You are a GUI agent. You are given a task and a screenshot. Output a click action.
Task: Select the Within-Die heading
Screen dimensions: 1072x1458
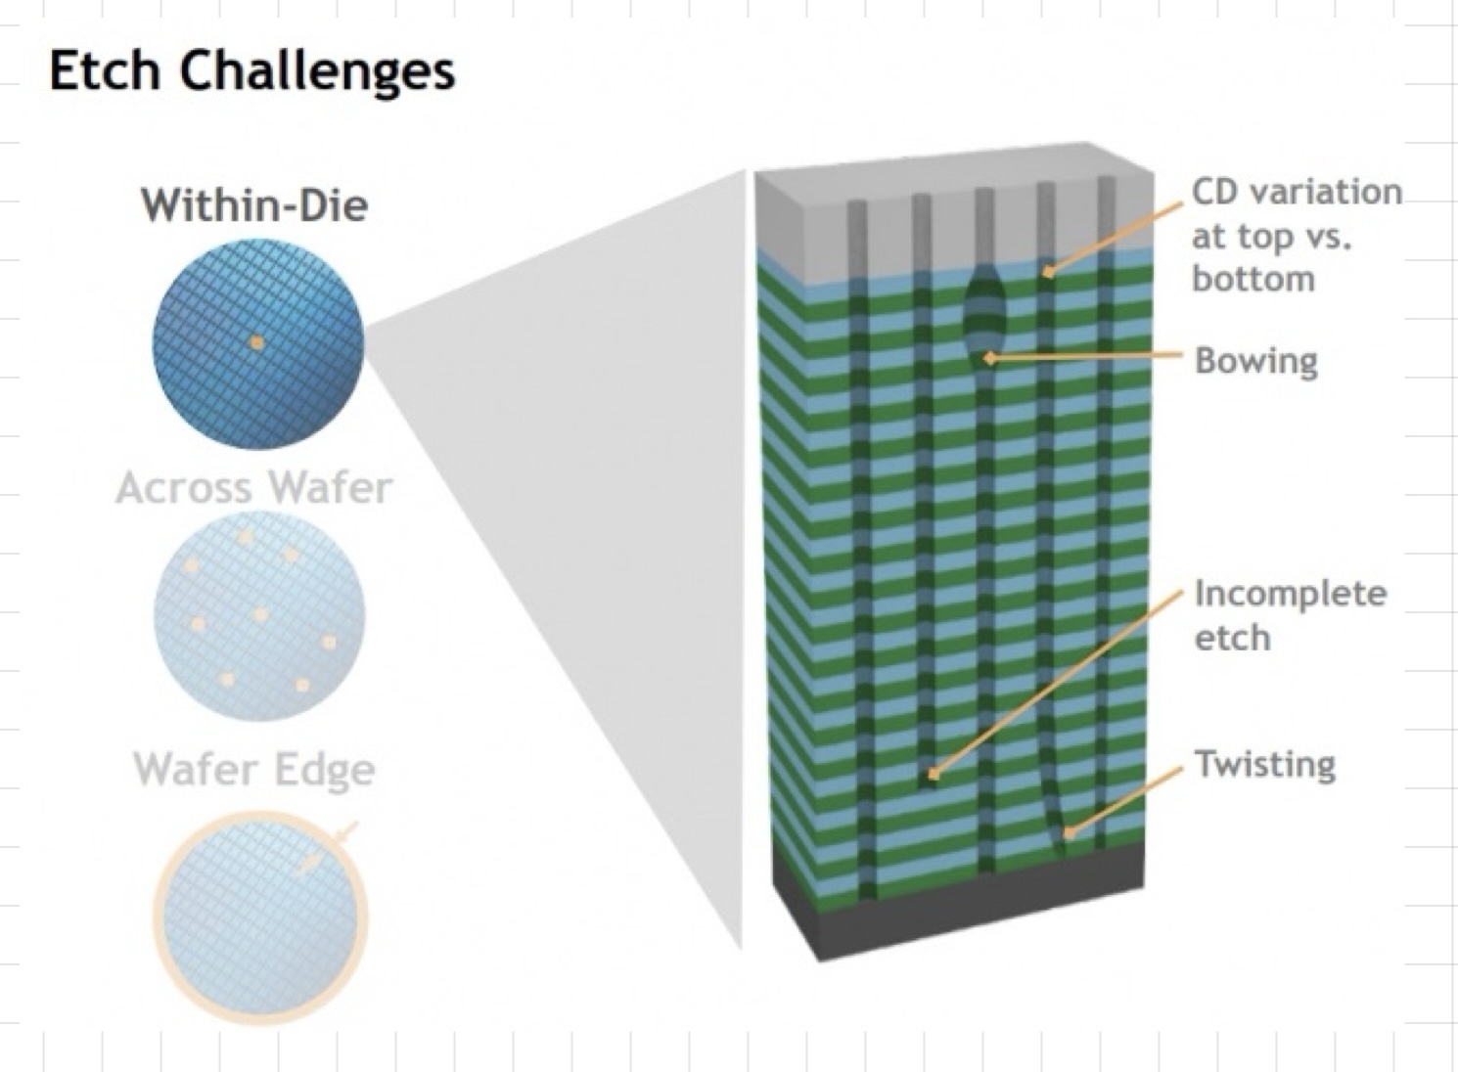click(254, 205)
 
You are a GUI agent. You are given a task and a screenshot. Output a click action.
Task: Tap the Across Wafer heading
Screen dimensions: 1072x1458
click(254, 487)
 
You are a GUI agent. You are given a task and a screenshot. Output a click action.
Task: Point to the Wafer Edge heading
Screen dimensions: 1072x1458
click(254, 769)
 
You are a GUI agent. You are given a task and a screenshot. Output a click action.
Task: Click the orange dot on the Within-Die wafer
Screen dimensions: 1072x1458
click(256, 343)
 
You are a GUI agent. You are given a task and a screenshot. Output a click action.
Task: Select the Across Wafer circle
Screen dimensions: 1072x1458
click(259, 616)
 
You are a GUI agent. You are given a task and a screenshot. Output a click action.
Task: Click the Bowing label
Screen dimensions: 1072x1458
click(1255, 360)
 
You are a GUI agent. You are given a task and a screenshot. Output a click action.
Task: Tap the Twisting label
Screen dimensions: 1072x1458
click(1264, 763)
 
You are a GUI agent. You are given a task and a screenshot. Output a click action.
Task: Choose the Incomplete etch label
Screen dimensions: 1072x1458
click(1289, 614)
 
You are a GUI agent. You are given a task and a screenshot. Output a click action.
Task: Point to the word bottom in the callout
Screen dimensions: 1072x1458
click(1253, 279)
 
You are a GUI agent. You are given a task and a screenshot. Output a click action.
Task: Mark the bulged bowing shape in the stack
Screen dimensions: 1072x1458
click(984, 308)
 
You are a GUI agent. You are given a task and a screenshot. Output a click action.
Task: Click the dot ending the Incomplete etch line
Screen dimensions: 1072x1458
click(933, 775)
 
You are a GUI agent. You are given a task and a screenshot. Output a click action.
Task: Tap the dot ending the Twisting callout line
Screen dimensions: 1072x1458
click(1070, 834)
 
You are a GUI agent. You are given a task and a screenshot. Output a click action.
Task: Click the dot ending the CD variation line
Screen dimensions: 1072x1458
click(1047, 273)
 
